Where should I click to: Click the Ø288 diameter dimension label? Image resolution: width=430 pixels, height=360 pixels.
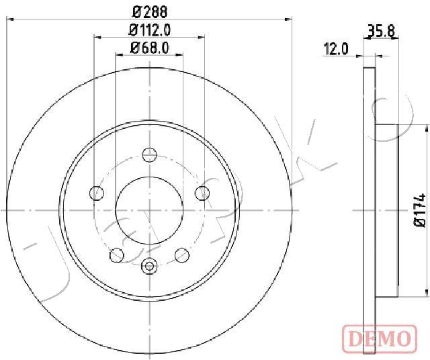(150, 11)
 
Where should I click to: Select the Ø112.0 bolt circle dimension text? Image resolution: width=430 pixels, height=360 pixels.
(150, 30)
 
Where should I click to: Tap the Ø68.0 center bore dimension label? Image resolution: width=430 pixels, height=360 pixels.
(150, 48)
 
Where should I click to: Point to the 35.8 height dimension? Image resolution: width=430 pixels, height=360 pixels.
(381, 31)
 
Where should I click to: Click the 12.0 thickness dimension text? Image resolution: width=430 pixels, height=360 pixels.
(336, 49)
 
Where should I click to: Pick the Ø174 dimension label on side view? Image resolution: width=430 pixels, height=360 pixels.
(419, 210)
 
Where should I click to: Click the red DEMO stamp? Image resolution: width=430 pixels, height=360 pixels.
(380, 339)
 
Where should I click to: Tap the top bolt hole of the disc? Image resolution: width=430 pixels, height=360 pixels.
(150, 154)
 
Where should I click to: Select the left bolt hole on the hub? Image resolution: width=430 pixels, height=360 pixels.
(97, 193)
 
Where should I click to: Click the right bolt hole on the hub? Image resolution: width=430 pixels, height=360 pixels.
(202, 193)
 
